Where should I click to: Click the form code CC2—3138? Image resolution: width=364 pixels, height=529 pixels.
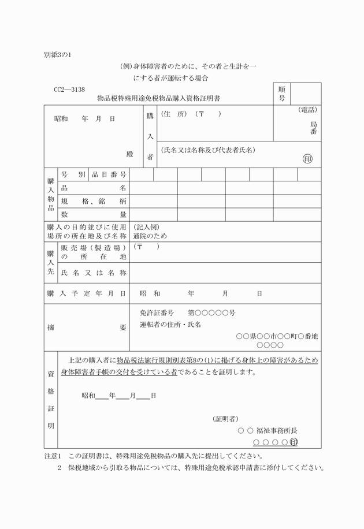point(69,90)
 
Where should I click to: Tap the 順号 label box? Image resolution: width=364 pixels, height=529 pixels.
point(282,94)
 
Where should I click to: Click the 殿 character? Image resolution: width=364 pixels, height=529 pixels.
point(130,154)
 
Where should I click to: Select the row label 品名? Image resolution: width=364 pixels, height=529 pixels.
point(93,188)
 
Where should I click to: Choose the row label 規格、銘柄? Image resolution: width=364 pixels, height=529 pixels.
point(93,201)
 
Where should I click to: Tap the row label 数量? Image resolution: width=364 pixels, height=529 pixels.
point(93,214)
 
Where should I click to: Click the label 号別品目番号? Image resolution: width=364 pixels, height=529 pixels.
point(93,174)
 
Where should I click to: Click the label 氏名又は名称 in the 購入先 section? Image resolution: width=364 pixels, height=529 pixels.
point(93,272)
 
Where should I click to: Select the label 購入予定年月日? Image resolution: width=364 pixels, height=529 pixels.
point(87,293)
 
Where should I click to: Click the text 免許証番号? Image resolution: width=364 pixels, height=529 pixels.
point(157,312)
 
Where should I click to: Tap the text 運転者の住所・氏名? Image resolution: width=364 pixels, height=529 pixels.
point(170,325)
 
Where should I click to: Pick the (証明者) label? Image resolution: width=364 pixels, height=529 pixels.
point(225,419)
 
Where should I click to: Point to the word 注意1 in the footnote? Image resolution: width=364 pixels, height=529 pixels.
point(53,456)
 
